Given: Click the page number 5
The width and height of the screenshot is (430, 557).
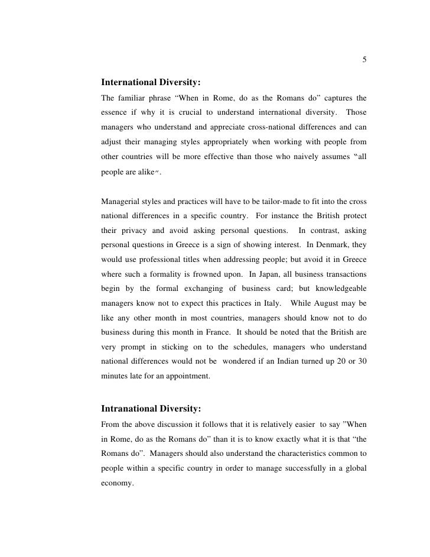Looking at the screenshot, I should pos(364,60).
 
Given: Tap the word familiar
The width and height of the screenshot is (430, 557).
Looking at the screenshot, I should pos(138,96).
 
